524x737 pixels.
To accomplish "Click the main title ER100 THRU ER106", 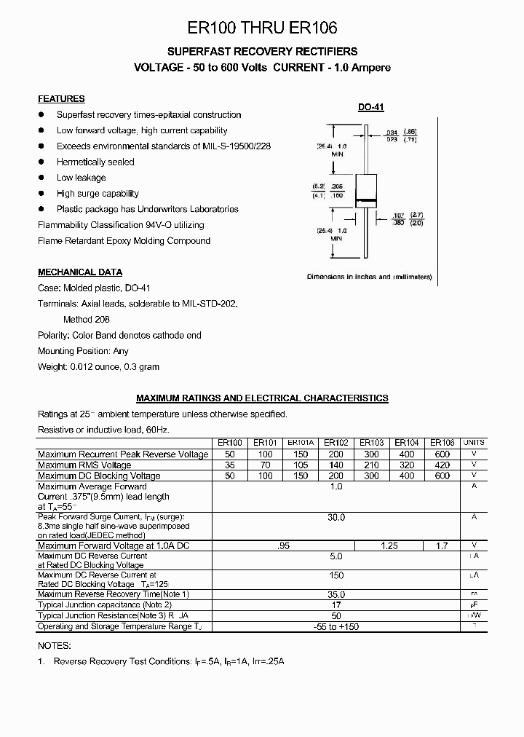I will coord(262,28).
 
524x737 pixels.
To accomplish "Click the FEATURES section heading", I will coord(61,98).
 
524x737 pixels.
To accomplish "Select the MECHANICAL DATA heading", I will coord(80,272).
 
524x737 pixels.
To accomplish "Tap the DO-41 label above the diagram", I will coord(370,107).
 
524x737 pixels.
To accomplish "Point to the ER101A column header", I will coord(301,443).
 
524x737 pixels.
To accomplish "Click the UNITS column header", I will coord(474,443).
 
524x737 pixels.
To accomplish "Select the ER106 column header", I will coord(442,443).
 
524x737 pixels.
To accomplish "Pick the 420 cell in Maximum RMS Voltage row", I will coord(442,465).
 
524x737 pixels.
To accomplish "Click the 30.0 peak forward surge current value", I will coord(336,517).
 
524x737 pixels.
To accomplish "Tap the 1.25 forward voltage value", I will coord(389,545).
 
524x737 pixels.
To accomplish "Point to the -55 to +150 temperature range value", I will coord(336,627).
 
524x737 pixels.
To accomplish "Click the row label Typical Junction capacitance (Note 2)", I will coord(105,605).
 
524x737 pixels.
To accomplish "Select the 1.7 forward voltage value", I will coord(442,545).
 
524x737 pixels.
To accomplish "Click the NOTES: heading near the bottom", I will coord(54,645).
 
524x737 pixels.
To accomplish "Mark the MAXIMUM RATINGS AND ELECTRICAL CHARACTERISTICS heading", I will coord(262,398).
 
